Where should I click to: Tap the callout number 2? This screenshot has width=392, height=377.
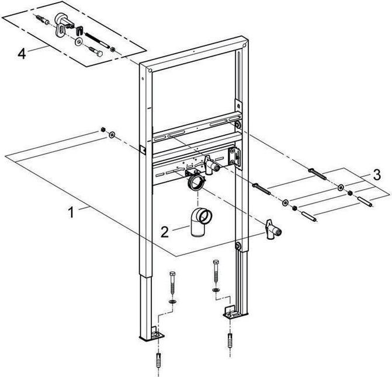[x=165, y=232]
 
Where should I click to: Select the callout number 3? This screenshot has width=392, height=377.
[x=377, y=174]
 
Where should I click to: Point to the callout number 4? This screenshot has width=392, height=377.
[x=22, y=54]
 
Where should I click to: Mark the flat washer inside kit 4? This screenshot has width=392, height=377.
[x=78, y=41]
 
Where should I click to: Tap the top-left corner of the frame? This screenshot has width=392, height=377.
[x=144, y=69]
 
